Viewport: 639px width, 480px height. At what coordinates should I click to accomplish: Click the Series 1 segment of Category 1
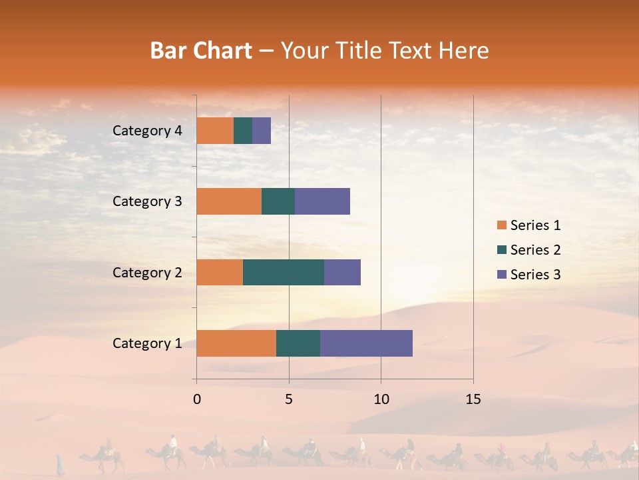(x=236, y=343)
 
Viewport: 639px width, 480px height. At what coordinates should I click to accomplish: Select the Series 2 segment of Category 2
(x=284, y=272)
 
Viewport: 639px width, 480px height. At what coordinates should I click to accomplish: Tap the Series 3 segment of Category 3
(x=322, y=201)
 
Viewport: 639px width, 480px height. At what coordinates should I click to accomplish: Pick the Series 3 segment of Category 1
(x=366, y=343)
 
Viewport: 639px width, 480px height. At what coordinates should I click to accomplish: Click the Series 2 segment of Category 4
(x=243, y=131)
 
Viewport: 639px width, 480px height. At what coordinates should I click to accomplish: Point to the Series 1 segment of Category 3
(x=229, y=201)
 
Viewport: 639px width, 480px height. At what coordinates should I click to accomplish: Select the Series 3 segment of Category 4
(x=262, y=131)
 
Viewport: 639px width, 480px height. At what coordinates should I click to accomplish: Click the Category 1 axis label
(x=147, y=343)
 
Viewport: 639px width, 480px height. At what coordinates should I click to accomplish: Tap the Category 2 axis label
(x=147, y=272)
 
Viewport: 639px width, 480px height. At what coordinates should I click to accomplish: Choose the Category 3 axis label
(x=147, y=201)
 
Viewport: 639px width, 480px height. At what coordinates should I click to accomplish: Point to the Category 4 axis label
(x=147, y=131)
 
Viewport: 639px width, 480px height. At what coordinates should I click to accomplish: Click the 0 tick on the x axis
(x=197, y=399)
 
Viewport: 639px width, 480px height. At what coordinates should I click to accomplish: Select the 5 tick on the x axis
(x=289, y=399)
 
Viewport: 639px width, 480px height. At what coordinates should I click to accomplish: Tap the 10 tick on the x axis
(x=381, y=399)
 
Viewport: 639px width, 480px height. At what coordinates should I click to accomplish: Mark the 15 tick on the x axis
(x=473, y=399)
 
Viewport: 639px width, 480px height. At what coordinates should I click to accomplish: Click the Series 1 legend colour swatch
(x=501, y=225)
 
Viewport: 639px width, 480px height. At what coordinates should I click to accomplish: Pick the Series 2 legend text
(x=535, y=250)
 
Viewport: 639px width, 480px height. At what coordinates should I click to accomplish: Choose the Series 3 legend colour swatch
(x=501, y=275)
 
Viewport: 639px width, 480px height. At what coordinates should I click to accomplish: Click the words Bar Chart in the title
(x=201, y=51)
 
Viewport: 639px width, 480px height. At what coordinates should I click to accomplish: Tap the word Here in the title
(x=465, y=51)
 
